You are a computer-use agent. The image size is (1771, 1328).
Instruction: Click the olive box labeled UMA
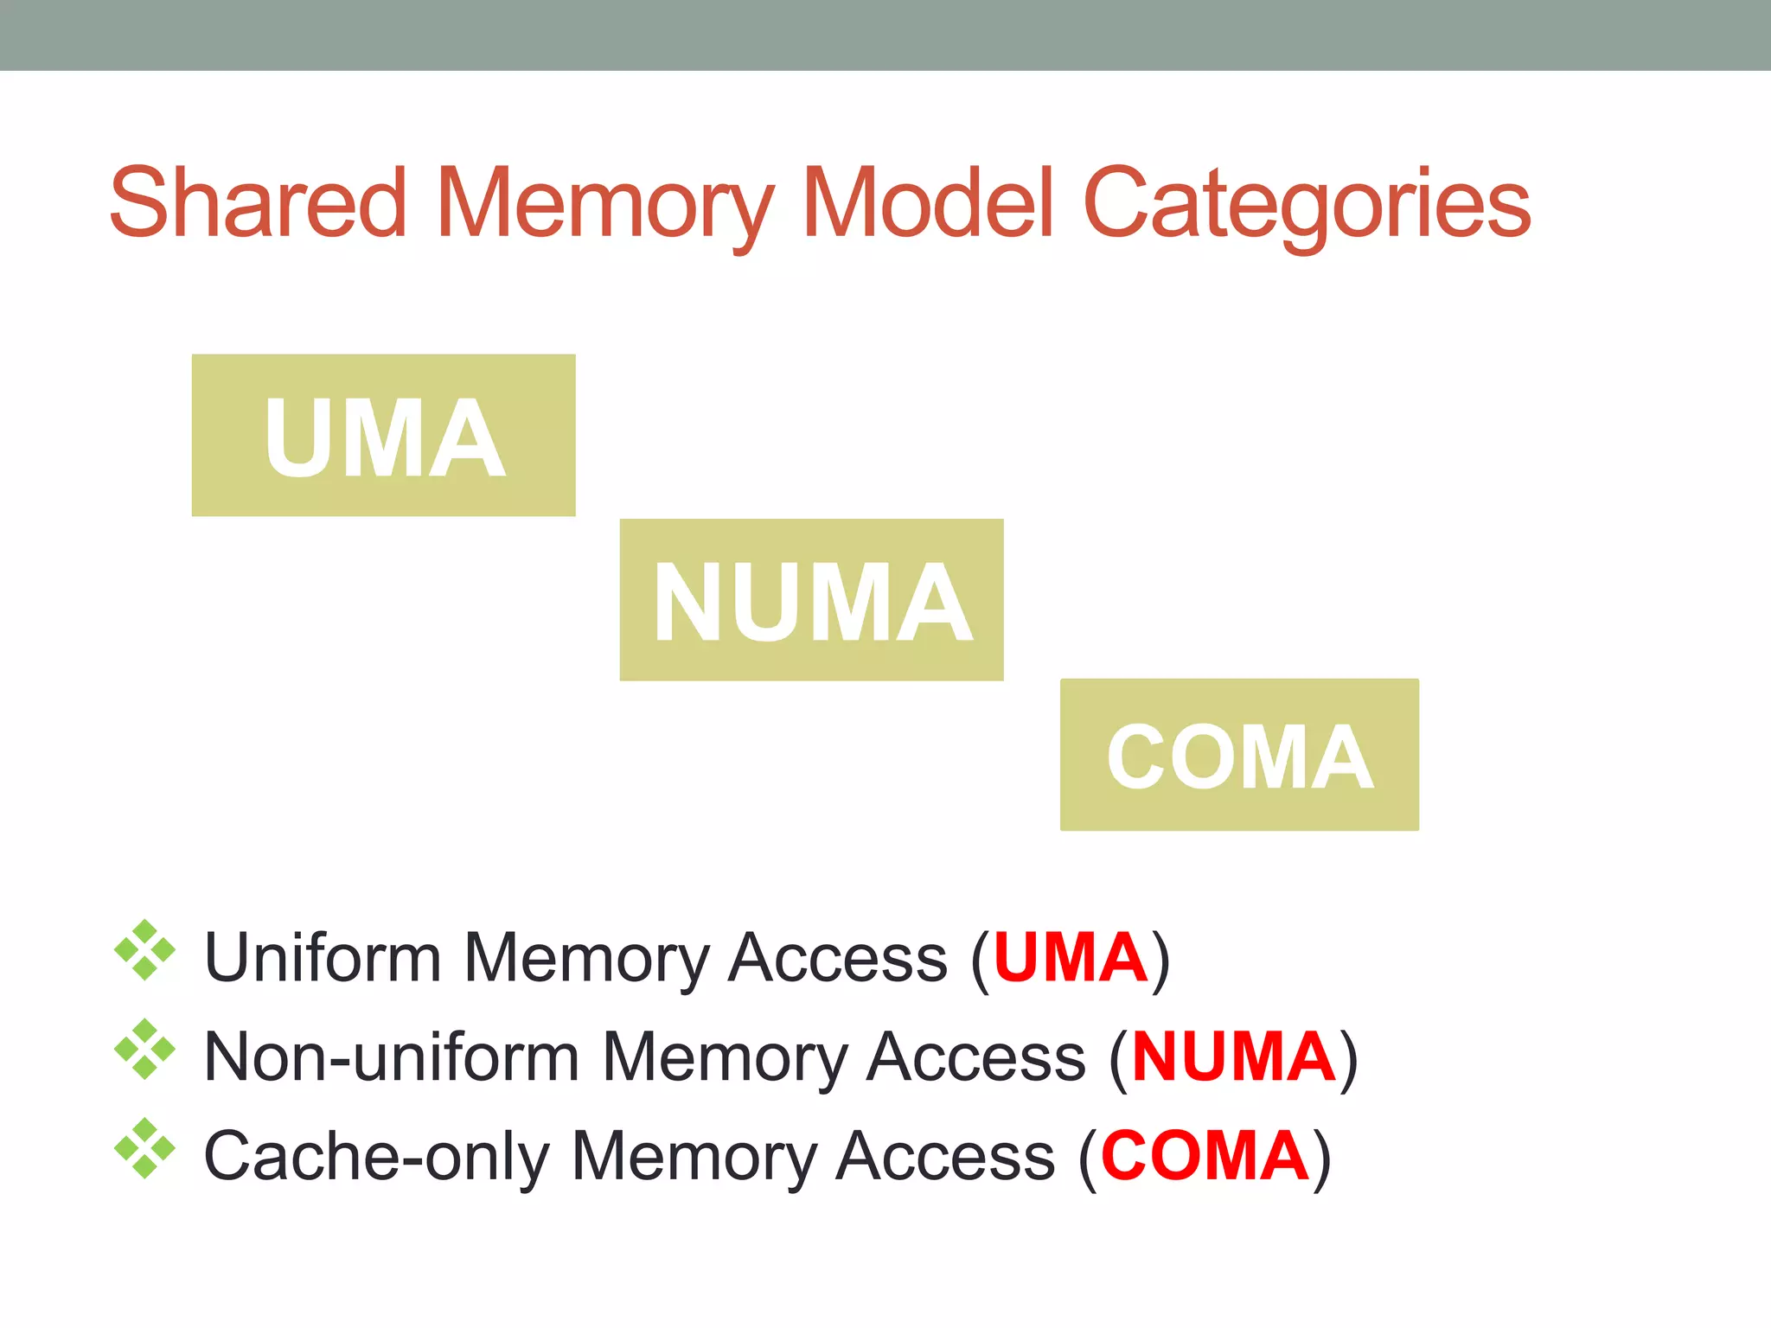[x=383, y=435]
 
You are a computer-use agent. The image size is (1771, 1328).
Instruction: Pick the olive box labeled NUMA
[x=811, y=600]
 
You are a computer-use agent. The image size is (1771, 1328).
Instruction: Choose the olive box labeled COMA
[x=1239, y=755]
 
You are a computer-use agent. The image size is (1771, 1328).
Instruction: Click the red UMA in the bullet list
[x=1071, y=957]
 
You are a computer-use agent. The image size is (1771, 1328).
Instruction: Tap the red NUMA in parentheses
[x=1233, y=1057]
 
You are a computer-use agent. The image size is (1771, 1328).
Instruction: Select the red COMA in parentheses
[x=1205, y=1156]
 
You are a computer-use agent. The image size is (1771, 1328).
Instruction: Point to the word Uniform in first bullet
[x=323, y=957]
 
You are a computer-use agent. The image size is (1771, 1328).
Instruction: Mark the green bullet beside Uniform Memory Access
[x=144, y=950]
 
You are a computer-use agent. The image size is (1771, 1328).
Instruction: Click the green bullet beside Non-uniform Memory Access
[x=144, y=1050]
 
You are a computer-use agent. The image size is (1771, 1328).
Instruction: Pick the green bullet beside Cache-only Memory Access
[x=144, y=1149]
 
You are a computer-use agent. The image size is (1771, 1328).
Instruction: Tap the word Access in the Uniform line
[x=837, y=957]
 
